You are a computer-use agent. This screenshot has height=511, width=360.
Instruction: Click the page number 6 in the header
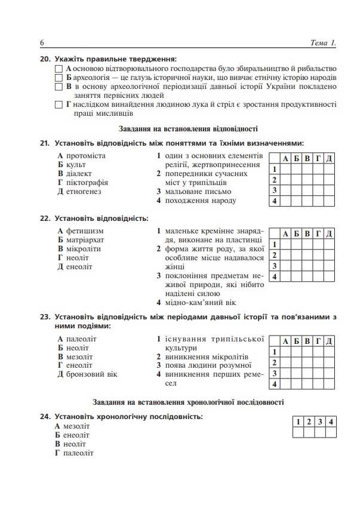[x=42, y=44]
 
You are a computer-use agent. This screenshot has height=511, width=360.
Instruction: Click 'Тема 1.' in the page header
[x=324, y=44]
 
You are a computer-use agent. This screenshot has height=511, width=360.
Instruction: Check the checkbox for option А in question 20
[x=59, y=69]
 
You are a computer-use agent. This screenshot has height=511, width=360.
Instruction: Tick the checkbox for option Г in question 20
[x=59, y=105]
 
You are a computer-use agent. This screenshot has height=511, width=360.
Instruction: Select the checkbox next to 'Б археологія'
[x=59, y=78]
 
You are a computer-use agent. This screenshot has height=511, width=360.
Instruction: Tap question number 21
[x=44, y=143]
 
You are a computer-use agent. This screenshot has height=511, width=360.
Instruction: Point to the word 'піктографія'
[x=87, y=183]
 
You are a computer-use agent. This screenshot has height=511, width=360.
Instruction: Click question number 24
[x=44, y=416]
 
